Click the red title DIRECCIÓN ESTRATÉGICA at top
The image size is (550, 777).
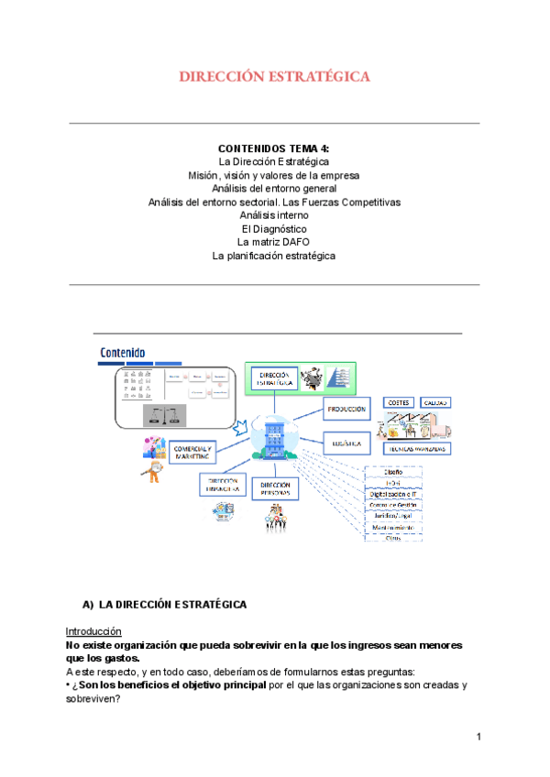[x=275, y=77]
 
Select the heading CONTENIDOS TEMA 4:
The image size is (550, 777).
[x=274, y=148]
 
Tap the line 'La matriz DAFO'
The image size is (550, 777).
[x=274, y=242]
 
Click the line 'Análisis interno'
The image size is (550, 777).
[x=274, y=214]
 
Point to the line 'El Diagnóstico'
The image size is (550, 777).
[x=274, y=228]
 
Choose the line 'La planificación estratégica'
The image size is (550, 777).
[x=274, y=256]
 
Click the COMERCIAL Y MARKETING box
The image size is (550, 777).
[x=192, y=452]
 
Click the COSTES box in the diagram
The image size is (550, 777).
[x=399, y=402]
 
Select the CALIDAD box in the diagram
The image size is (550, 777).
[x=436, y=402]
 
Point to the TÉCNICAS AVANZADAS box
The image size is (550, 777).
[x=418, y=451]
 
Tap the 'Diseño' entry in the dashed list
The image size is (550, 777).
[x=394, y=472]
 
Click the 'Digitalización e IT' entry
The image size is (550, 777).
[x=394, y=493]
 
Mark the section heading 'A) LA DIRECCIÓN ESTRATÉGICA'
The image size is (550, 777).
[x=164, y=605]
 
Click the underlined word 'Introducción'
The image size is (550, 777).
[x=93, y=631]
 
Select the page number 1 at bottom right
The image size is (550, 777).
[x=478, y=737]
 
